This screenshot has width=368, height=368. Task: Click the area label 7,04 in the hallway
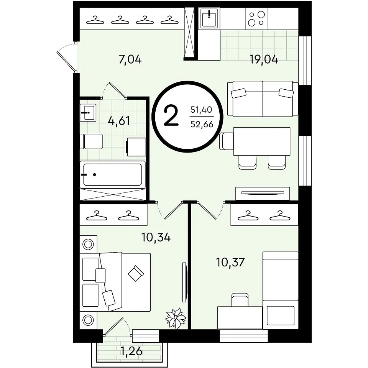click(130, 60)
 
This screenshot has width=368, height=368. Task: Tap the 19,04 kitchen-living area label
click(264, 60)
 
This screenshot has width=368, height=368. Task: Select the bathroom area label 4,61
click(119, 121)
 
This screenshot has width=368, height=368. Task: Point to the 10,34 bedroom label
click(156, 238)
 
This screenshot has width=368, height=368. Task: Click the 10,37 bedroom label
click(230, 262)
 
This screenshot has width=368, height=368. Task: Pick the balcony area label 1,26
click(131, 352)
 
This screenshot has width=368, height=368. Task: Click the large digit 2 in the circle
click(171, 116)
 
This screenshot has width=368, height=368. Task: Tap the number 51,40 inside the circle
click(201, 110)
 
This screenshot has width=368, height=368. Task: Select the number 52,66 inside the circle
click(202, 124)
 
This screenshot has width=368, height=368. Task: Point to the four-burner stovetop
click(256, 18)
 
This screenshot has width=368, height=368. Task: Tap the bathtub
click(113, 174)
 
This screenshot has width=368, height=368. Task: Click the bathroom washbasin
click(88, 113)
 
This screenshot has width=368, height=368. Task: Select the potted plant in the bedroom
click(176, 318)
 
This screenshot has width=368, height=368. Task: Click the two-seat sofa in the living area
click(263, 99)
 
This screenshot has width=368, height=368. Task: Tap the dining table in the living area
click(262, 141)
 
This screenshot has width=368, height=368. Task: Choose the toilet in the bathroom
click(91, 141)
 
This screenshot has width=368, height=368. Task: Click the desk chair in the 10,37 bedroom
click(240, 300)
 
